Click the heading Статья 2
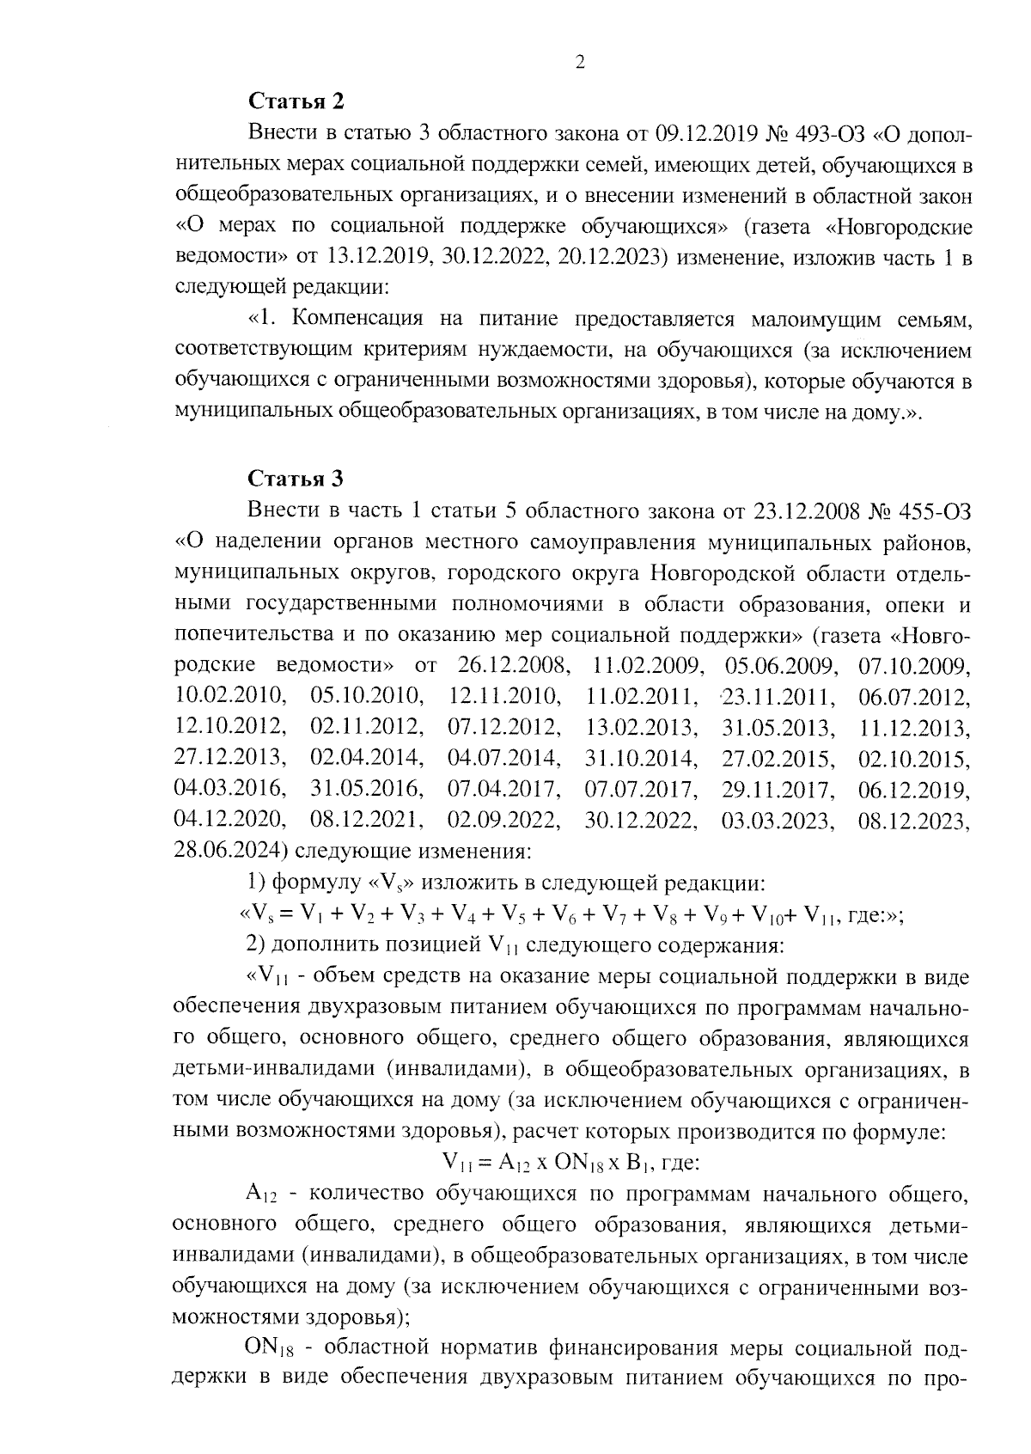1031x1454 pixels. tap(296, 101)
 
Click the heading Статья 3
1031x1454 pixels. tap(296, 478)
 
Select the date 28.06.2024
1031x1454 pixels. tap(229, 852)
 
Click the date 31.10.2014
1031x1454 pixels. tap(640, 759)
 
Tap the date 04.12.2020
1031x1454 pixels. tap(229, 821)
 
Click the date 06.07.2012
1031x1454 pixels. tap(914, 697)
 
